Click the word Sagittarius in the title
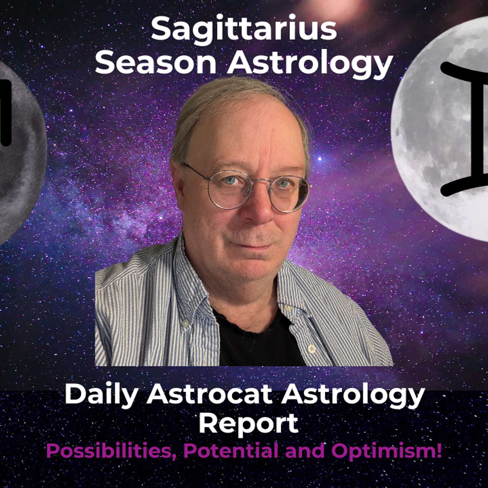244,30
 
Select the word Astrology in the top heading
310,64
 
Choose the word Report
248,423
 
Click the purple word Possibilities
111,451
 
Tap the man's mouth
256,246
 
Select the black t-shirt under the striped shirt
258,342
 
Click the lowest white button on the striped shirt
311,348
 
